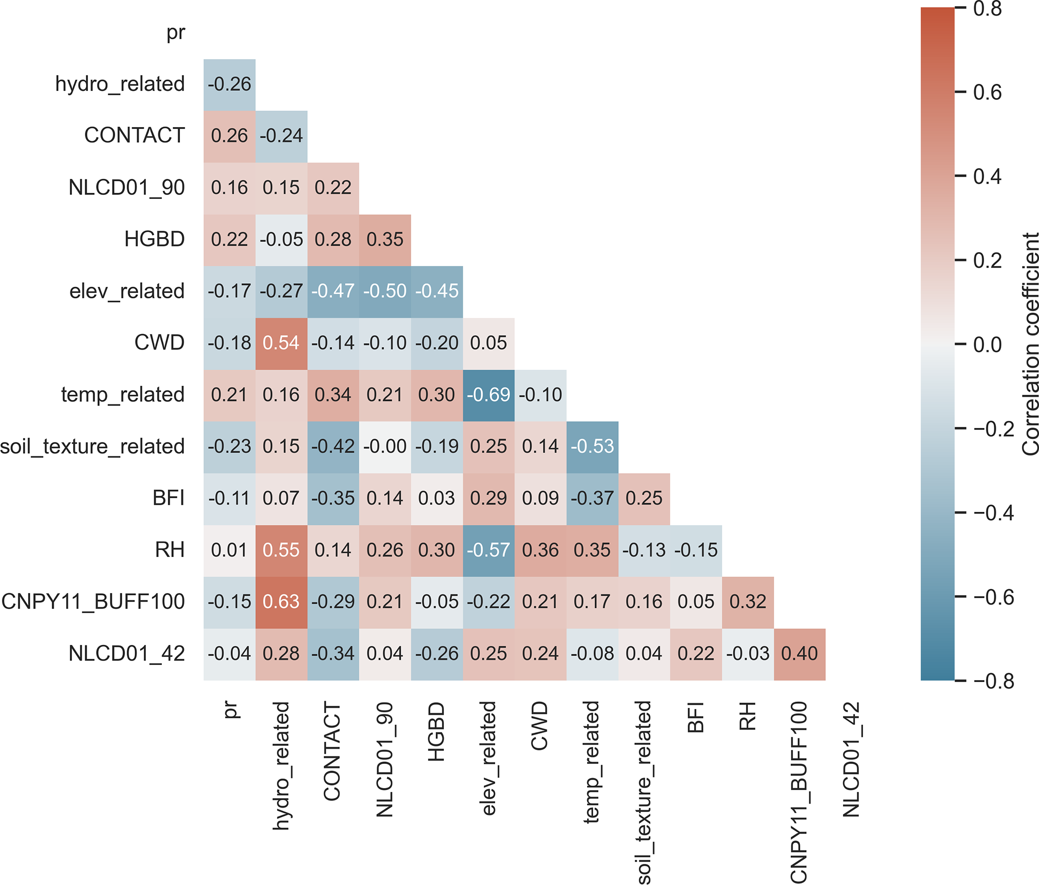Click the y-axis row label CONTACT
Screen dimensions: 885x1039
coord(134,136)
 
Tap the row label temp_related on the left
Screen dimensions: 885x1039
coord(123,395)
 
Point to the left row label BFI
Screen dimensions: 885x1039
coord(168,498)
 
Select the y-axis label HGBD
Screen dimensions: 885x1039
coord(154,240)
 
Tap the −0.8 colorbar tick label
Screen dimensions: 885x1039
coord(993,682)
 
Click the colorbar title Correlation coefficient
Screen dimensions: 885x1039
coord(1030,345)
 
